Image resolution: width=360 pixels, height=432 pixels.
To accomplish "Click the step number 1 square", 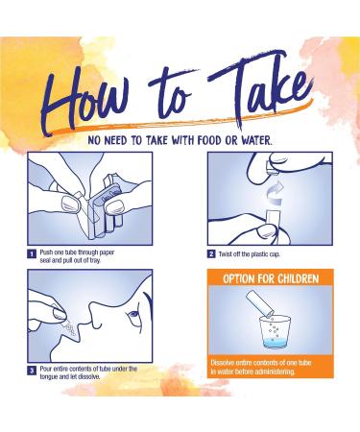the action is (32, 254).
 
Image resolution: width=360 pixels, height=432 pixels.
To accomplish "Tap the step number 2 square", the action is (211, 254).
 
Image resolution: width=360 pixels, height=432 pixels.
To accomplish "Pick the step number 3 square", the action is (32, 371).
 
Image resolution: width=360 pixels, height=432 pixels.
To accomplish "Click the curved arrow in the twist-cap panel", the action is (275, 194).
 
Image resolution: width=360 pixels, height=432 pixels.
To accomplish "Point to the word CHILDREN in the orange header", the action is (298, 278).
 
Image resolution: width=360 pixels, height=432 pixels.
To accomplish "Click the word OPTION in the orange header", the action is (237, 278).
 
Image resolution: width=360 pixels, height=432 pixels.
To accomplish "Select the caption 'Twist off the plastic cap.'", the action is (250, 254).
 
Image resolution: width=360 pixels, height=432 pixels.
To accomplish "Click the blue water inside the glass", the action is (275, 343).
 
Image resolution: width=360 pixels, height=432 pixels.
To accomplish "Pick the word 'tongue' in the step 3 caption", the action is (49, 377).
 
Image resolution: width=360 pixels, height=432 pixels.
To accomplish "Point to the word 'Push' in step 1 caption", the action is (46, 252).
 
